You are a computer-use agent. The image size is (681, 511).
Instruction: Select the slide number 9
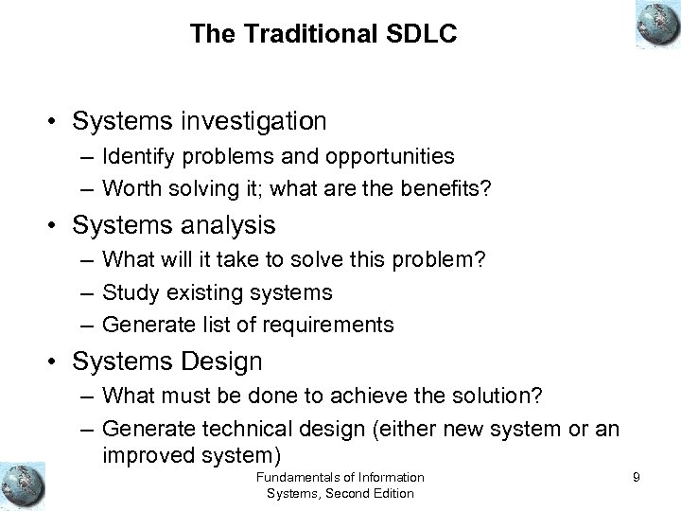[x=637, y=478]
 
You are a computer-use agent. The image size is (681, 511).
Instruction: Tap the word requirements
[x=332, y=326]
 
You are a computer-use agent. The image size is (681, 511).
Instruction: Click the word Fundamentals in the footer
[x=290, y=477]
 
